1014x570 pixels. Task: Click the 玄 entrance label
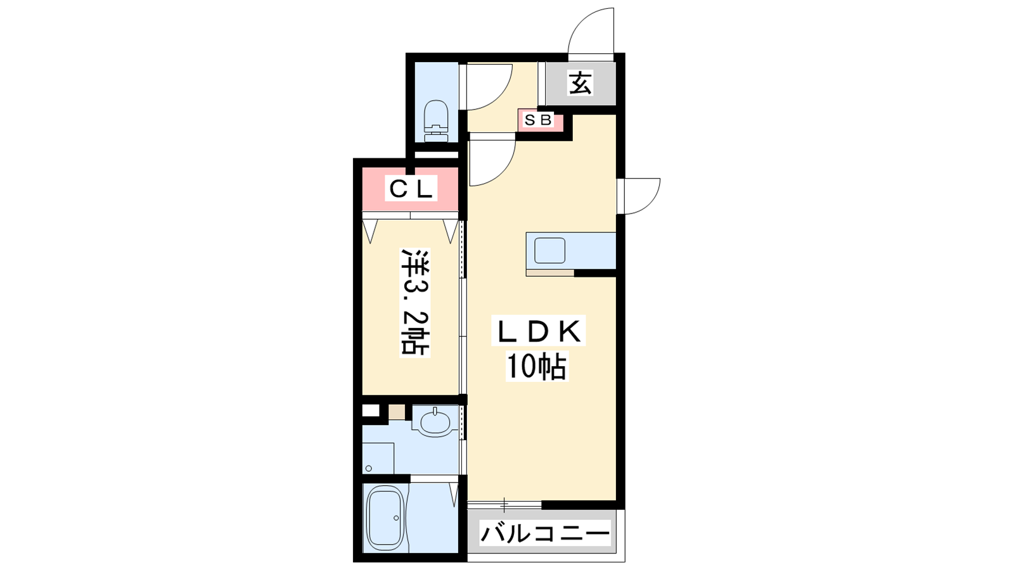581,84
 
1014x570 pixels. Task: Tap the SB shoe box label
538,120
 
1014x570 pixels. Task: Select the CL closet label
411,188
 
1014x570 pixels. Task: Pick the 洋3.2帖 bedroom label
414,301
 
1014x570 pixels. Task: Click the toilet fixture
437,121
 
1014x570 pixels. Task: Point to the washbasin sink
435,422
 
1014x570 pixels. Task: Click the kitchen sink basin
549,251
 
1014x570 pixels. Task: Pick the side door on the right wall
641,196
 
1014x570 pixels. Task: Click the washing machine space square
378,459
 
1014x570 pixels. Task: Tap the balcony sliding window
504,504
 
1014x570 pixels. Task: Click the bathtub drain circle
397,518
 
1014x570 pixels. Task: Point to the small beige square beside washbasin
397,412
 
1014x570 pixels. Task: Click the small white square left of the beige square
370,411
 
